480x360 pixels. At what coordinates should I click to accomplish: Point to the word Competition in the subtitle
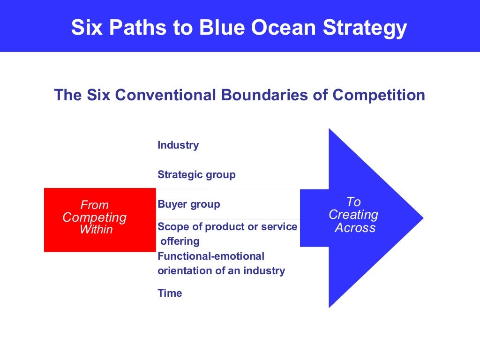(x=379, y=95)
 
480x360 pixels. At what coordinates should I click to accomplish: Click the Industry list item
(x=178, y=145)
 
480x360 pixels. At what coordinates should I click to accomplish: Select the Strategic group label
(x=196, y=175)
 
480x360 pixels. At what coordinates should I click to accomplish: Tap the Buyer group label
(x=189, y=204)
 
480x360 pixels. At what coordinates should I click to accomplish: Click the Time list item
(x=170, y=293)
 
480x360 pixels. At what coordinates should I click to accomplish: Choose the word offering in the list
(x=180, y=242)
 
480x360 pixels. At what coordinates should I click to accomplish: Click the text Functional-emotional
(x=211, y=256)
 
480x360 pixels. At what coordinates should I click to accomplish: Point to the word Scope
(x=172, y=227)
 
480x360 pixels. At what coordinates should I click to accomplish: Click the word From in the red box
(x=94, y=205)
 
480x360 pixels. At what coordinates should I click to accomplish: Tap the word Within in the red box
(x=96, y=230)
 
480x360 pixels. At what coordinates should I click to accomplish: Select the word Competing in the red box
(x=95, y=217)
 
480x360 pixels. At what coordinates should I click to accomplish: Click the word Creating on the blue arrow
(x=353, y=215)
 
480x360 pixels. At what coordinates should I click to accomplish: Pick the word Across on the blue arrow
(x=355, y=228)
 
